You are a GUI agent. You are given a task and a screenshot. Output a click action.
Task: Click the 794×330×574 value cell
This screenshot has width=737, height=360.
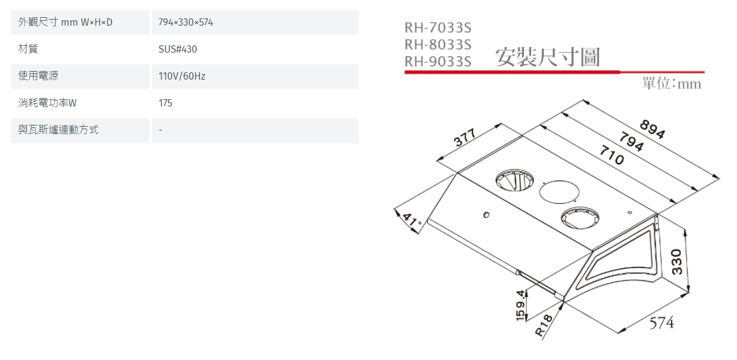tap(185, 23)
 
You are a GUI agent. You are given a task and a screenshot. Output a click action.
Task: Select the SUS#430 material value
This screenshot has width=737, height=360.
tap(178, 50)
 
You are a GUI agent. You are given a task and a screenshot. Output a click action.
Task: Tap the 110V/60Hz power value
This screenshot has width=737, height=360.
tap(182, 77)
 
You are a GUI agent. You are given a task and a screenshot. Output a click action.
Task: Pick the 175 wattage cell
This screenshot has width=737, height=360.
tap(165, 103)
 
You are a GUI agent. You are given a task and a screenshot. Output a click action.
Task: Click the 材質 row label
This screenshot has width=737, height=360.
tap(28, 50)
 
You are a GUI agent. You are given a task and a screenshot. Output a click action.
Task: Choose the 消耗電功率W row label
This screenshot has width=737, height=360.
tap(47, 103)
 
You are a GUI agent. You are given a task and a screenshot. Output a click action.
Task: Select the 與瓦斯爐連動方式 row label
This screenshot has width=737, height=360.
tap(58, 130)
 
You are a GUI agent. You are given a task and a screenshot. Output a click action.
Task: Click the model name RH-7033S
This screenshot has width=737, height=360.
tap(438, 28)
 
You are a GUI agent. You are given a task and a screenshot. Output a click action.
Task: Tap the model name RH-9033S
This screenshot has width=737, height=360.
tap(438, 61)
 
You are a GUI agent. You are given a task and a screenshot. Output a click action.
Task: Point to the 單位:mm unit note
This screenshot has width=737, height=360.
tap(672, 84)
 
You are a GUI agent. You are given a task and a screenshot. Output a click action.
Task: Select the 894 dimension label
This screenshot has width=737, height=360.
tap(653, 130)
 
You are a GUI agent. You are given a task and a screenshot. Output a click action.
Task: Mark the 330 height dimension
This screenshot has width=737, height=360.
tap(676, 261)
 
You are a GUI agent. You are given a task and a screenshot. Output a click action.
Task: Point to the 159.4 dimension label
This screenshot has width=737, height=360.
tap(522, 305)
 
